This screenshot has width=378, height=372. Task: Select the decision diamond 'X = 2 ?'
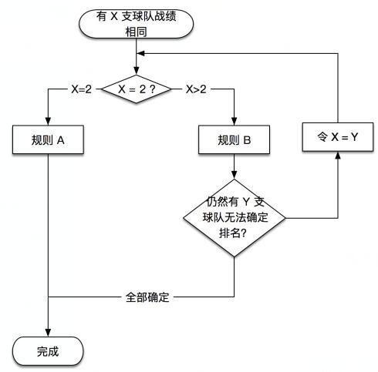[x=136, y=89]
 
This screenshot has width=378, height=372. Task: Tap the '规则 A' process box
[x=48, y=142]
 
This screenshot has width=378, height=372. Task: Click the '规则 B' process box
[x=235, y=142]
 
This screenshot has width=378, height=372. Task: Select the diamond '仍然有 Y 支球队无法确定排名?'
[x=235, y=218]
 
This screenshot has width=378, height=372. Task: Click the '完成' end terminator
[x=48, y=352]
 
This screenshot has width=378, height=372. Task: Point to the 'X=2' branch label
[x=81, y=89]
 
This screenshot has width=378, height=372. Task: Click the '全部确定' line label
[x=147, y=296]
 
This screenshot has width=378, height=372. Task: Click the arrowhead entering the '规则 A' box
[x=48, y=122]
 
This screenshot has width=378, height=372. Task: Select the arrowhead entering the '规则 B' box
[x=235, y=122]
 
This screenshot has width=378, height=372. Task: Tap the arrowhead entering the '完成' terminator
[x=48, y=332]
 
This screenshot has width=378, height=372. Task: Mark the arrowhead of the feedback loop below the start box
[x=141, y=54]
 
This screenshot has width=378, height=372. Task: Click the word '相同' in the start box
[x=136, y=33]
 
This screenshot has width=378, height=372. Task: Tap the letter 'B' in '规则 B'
[x=246, y=142]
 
